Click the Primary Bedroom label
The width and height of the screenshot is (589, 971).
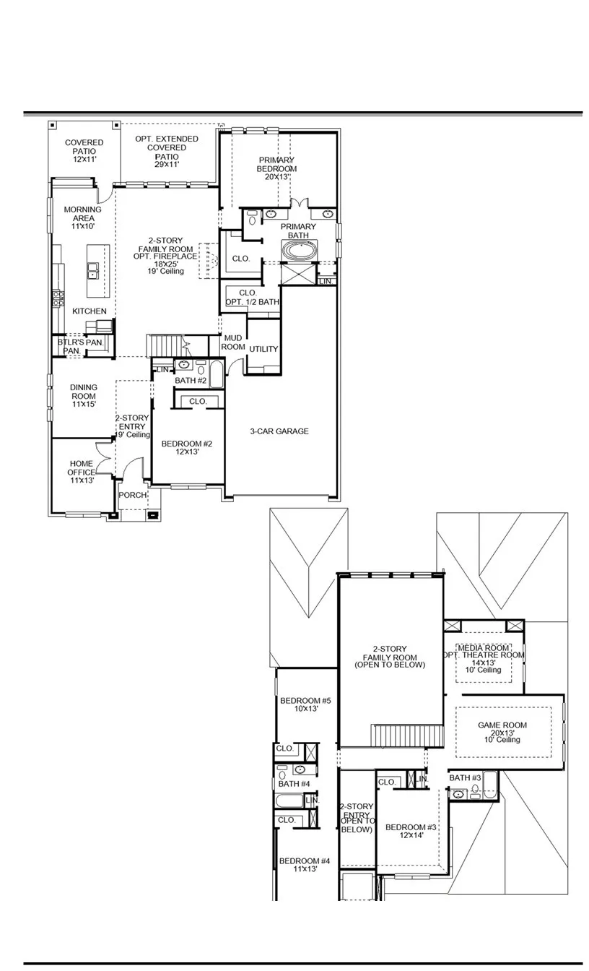click(276, 164)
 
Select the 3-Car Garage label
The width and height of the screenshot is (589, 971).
click(279, 431)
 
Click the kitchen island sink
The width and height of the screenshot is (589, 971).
click(92, 270)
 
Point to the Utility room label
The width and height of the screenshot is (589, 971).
click(263, 349)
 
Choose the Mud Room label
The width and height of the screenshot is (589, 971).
click(233, 342)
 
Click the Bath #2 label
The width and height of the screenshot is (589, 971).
click(191, 380)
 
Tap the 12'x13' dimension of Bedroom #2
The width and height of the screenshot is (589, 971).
click(187, 452)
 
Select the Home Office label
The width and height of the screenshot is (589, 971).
click(82, 467)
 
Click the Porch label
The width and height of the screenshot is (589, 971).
click(133, 495)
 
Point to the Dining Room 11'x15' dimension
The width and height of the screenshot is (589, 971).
click(84, 404)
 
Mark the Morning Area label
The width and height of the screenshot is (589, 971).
click(83, 213)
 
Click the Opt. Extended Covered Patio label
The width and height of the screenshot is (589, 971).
click(167, 147)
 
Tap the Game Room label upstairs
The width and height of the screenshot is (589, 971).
click(502, 725)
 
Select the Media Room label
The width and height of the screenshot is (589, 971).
click(484, 647)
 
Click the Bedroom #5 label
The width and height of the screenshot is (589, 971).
click(305, 701)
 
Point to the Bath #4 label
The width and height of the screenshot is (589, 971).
click(294, 784)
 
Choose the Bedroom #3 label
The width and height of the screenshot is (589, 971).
click(411, 827)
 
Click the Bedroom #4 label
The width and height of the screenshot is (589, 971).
click(305, 861)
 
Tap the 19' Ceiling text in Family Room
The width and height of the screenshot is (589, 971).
click(165, 271)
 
